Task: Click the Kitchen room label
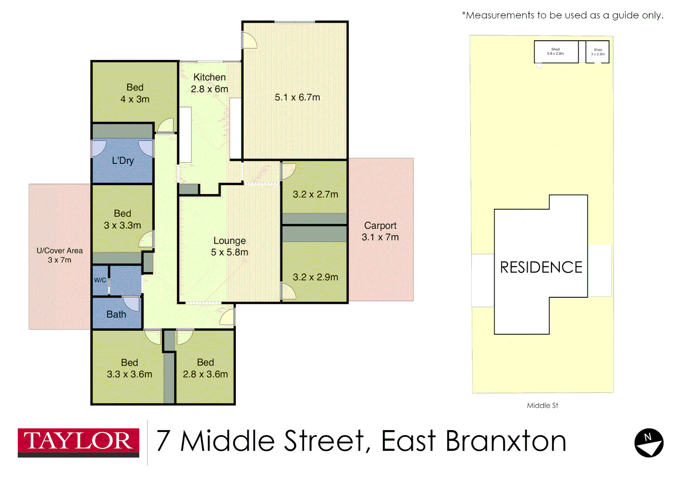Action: click(x=209, y=78)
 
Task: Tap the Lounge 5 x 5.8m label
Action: click(x=229, y=246)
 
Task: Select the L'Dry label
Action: click(x=123, y=161)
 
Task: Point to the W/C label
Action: click(x=100, y=280)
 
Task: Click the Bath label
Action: click(x=116, y=314)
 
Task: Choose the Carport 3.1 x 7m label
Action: click(x=380, y=231)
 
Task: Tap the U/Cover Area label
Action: click(x=60, y=255)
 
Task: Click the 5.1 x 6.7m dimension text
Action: click(x=297, y=98)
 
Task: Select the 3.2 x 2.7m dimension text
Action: click(x=315, y=194)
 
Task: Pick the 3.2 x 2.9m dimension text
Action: click(x=315, y=277)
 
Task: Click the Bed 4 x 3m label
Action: click(x=135, y=93)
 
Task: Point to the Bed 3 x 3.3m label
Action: click(x=122, y=220)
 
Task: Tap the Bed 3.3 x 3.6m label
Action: click(x=129, y=368)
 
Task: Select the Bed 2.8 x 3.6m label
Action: click(x=205, y=368)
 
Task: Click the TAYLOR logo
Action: click(x=78, y=442)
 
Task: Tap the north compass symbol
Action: click(x=648, y=443)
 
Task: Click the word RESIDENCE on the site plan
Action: click(x=541, y=267)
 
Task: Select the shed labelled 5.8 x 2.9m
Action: click(x=556, y=52)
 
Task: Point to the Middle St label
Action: click(x=542, y=405)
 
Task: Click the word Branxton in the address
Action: click(x=506, y=441)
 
